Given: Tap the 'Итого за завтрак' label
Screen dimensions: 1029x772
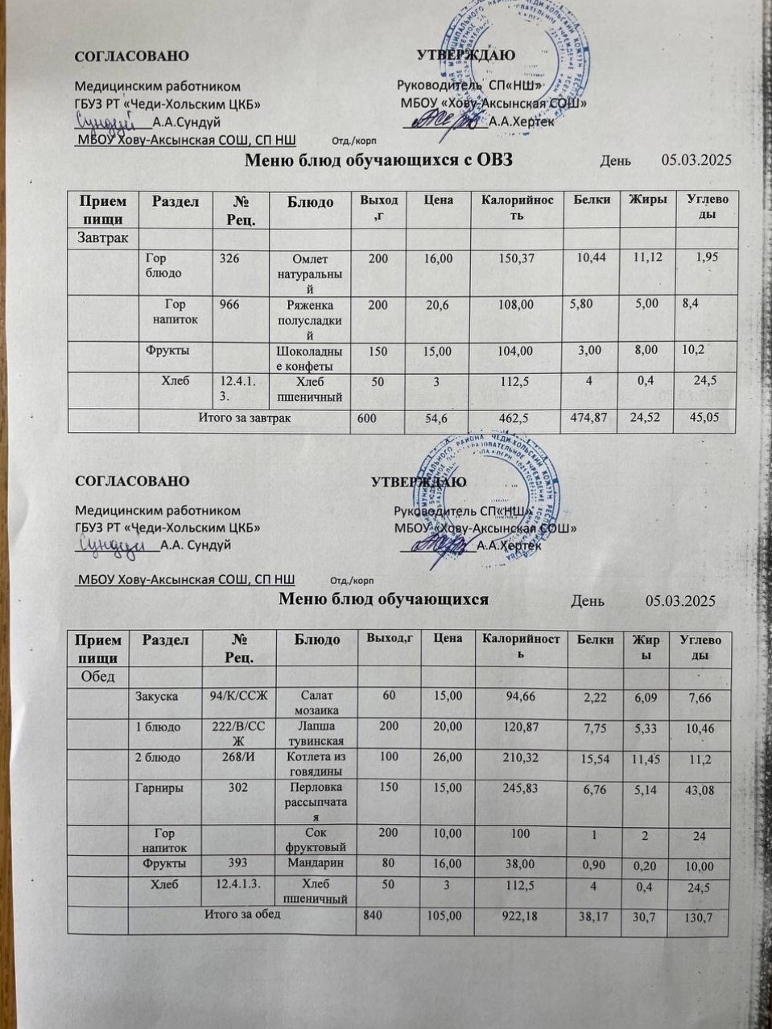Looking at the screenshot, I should pos(246,418).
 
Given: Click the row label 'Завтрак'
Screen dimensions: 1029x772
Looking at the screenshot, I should pos(102,237).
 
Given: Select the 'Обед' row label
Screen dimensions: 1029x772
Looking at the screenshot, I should pos(97,675).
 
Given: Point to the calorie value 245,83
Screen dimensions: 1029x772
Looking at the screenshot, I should pos(520,788).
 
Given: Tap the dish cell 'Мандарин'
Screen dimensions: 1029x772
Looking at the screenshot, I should pos(315,863).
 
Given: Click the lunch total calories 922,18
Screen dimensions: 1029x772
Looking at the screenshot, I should pos(521,916).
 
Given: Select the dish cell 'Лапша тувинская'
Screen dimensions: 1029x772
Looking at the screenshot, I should pos(316,733).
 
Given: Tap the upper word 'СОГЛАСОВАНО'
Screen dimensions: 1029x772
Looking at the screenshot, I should pos(132,56).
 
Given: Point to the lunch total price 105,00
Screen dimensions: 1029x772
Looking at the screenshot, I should pos(442,916).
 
